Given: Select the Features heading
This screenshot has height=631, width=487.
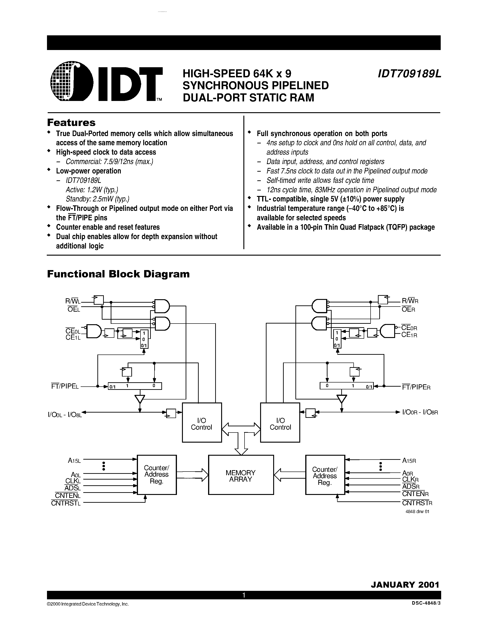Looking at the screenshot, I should pos(71,123).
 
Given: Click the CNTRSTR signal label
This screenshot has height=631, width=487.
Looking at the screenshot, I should pos(417,503).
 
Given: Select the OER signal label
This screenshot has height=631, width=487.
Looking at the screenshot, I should pos(408,310).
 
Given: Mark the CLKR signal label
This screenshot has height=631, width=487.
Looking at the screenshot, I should pos(410,479).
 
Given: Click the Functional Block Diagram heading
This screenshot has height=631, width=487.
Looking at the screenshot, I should pos(118,274).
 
